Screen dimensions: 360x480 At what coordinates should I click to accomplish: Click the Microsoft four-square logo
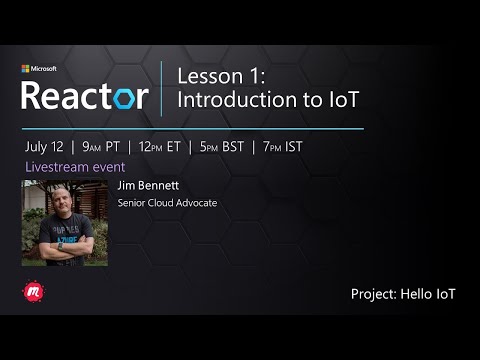(26, 70)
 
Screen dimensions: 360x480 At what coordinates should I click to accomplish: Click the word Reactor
(85, 96)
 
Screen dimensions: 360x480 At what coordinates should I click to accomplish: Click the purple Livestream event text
(69, 166)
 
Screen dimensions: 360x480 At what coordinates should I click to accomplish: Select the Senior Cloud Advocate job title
(167, 203)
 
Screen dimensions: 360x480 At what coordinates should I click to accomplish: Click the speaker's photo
(64, 222)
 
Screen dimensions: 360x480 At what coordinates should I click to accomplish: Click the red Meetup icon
(31, 292)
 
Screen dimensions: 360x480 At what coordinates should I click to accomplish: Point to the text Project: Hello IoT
(402, 294)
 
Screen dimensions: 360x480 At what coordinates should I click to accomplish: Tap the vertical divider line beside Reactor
(162, 88)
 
